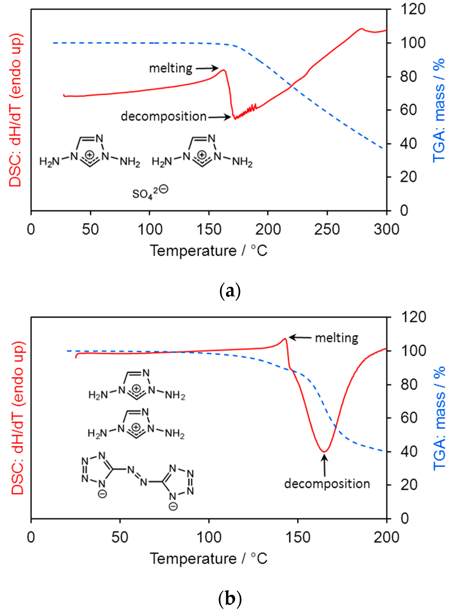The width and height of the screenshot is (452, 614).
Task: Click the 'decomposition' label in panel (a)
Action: pyautogui.click(x=164, y=116)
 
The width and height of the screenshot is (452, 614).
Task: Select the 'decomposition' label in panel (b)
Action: pyautogui.click(x=327, y=484)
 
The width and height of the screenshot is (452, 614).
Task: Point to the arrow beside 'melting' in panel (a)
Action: pyautogui.click(x=207, y=68)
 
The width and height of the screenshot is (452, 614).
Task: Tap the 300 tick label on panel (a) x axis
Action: pyautogui.click(x=386, y=229)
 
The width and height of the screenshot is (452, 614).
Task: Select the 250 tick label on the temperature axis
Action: pyautogui.click(x=327, y=229)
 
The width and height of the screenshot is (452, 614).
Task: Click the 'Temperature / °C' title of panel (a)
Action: pyautogui.click(x=208, y=251)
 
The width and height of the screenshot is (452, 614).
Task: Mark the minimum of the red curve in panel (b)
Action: pyautogui.click(x=324, y=452)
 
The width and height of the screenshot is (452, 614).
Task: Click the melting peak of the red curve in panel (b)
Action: pyautogui.click(x=285, y=339)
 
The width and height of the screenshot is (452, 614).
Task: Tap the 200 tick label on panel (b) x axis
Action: pyautogui.click(x=386, y=537)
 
